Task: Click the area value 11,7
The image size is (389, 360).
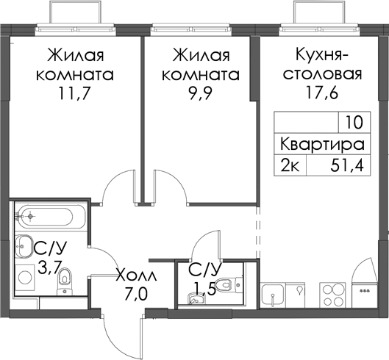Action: click(x=74, y=94)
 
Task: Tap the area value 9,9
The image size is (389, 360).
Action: click(x=201, y=94)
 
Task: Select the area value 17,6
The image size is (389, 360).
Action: click(x=323, y=93)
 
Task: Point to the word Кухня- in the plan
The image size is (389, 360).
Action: click(x=323, y=54)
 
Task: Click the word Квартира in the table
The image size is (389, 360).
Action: click(x=322, y=145)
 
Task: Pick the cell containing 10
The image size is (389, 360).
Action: click(x=354, y=123)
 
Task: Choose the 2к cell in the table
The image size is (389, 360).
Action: click(x=290, y=165)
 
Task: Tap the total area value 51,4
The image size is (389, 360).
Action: click(x=347, y=166)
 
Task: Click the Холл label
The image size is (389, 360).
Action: click(x=137, y=276)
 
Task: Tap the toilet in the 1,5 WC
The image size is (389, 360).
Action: click(x=229, y=284)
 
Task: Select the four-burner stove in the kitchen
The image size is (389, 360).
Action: click(x=332, y=295)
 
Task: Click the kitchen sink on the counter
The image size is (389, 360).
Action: click(x=273, y=295)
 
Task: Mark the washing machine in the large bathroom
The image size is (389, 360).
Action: click(x=24, y=276)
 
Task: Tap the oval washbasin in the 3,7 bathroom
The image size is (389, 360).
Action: click(x=24, y=246)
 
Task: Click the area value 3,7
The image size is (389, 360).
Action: click(x=49, y=267)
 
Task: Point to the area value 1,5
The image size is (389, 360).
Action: click(x=204, y=289)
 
